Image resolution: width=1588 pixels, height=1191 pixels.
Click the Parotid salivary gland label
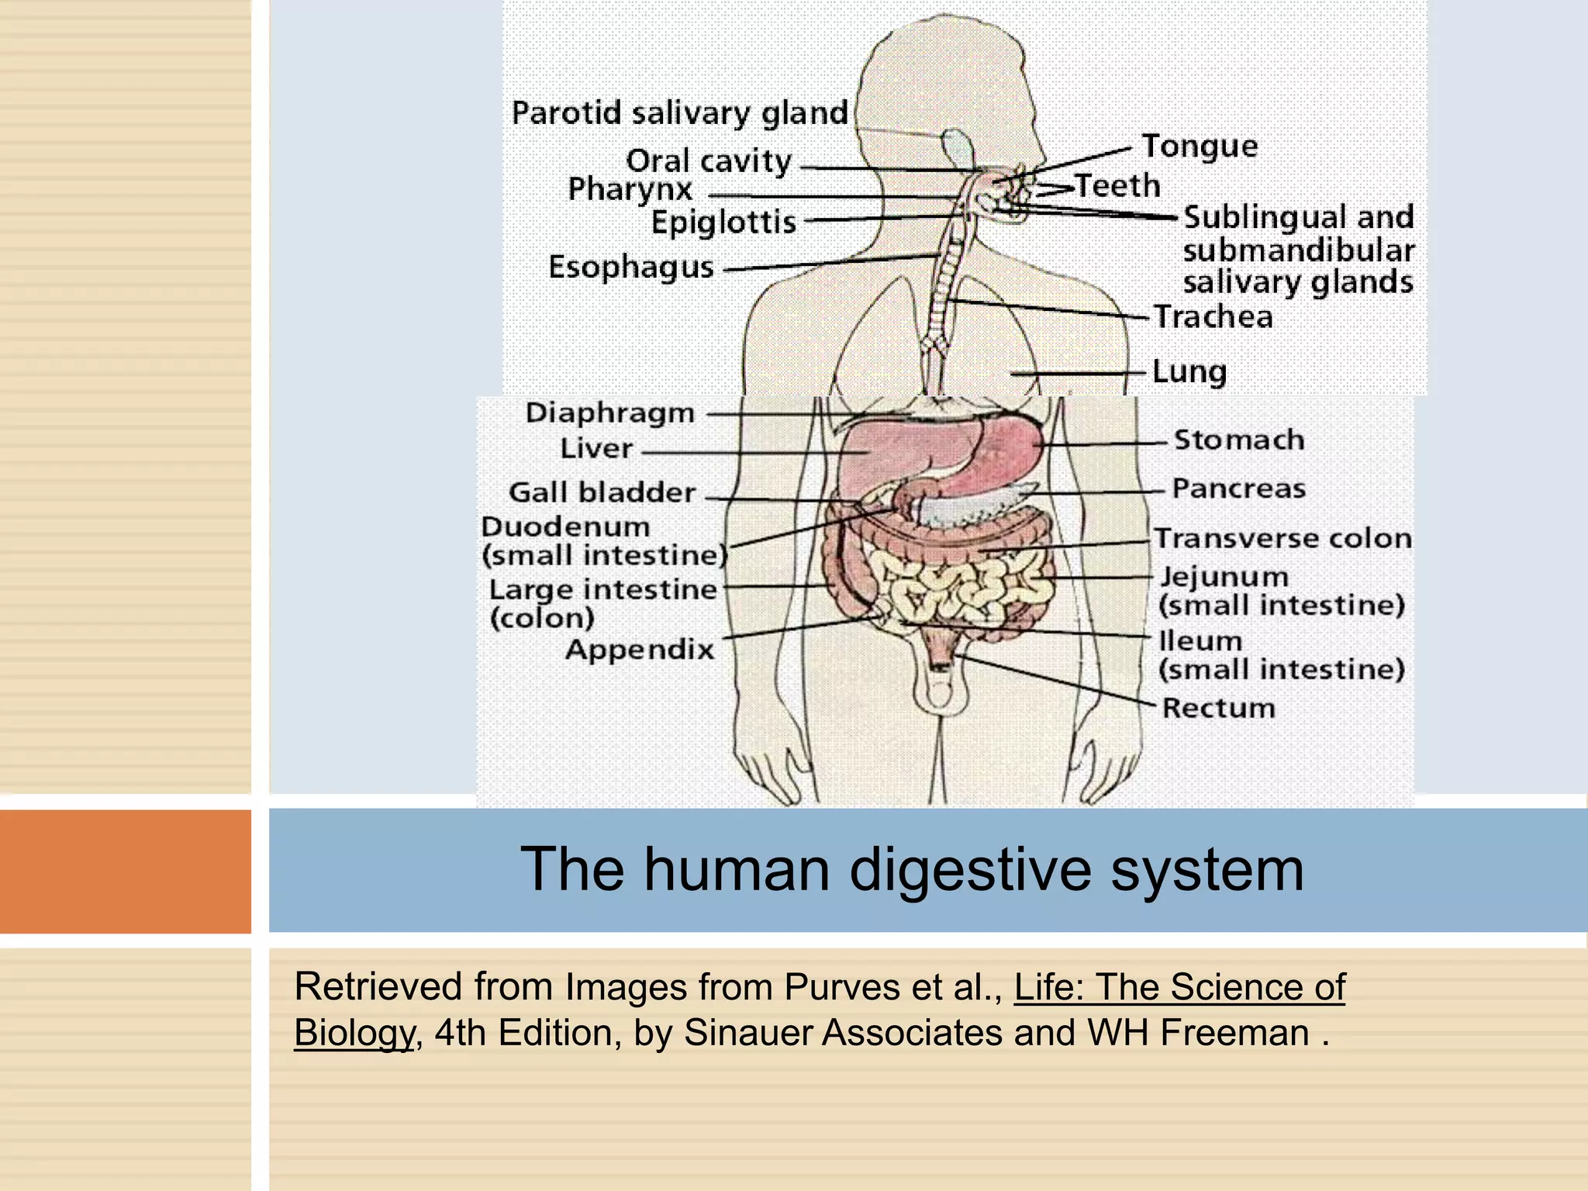coord(680,113)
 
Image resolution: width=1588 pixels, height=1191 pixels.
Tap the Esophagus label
coord(631,268)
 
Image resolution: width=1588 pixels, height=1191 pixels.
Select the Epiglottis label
coord(723,223)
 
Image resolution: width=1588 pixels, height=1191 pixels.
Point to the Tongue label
coord(1200,147)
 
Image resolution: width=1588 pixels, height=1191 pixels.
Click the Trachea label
coord(1213,317)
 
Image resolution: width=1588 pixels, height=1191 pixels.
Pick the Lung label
coord(1189,371)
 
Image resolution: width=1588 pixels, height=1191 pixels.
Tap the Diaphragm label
coord(609,413)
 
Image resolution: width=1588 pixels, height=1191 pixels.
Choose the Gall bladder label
coord(602,492)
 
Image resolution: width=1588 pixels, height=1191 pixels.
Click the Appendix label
coord(640,650)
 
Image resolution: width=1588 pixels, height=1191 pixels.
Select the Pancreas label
coord(1238,488)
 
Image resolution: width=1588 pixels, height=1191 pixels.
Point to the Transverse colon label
coord(1282,538)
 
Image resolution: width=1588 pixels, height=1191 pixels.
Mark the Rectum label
coord(1218,708)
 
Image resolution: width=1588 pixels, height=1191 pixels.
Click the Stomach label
coord(1238,440)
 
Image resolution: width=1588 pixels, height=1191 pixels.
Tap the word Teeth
coord(1117,186)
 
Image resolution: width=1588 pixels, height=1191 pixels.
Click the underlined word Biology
coord(354,1033)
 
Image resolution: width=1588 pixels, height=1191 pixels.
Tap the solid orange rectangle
coord(126,871)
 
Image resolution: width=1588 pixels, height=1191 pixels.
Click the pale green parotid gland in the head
coord(958,146)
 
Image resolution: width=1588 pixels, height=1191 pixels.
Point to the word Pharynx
coord(630,190)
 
